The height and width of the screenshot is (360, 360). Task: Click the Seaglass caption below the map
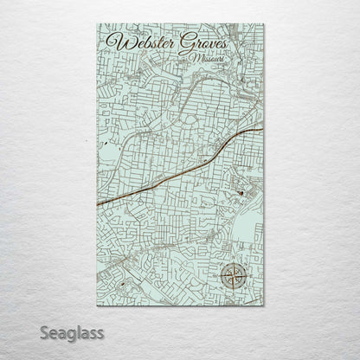71,331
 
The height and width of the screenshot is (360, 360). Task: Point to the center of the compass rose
233,277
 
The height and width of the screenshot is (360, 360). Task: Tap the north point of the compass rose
233,264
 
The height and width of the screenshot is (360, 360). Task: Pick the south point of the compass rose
233,290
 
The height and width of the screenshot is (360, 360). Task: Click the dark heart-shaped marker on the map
240,192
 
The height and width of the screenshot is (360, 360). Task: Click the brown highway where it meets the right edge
262,130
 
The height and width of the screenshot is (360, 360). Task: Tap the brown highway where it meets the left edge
98,203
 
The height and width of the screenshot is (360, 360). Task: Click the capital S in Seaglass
45,331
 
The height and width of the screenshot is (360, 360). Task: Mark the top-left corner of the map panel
98,24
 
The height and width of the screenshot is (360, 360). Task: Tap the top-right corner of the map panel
263,24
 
